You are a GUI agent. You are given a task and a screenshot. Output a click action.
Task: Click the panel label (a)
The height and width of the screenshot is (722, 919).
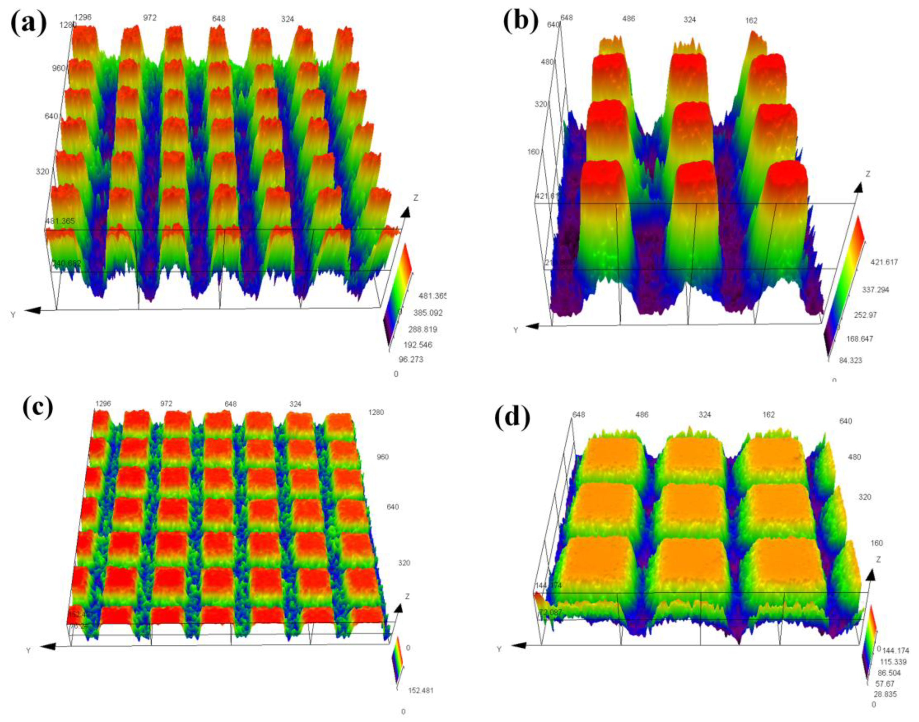(28, 22)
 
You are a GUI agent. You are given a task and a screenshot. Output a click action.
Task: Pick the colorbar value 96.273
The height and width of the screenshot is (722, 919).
(411, 360)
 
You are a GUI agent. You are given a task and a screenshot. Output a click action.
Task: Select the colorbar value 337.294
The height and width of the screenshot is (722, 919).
(875, 290)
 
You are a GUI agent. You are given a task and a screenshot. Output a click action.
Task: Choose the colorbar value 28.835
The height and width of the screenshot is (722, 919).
(884, 694)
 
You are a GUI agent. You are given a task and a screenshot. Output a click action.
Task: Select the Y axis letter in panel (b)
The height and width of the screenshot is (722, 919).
(515, 330)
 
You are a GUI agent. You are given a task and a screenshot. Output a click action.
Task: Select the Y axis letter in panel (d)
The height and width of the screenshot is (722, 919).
(499, 649)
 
